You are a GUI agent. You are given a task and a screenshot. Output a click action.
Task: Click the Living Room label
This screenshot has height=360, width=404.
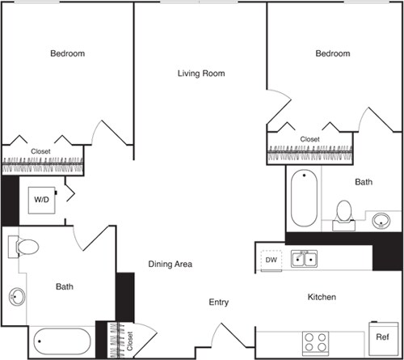point(201,74)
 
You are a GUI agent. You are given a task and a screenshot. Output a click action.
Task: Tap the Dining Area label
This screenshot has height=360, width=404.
point(170,264)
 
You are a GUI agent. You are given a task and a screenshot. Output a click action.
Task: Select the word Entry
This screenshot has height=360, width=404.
point(219,302)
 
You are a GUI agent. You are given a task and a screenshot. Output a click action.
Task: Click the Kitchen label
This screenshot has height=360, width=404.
point(321,298)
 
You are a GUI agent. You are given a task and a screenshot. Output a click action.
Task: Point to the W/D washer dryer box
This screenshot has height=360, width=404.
point(41,199)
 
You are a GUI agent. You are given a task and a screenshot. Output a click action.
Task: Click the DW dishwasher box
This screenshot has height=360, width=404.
point(270,260)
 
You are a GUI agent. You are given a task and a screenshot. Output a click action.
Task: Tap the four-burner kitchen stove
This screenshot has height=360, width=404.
point(314,340)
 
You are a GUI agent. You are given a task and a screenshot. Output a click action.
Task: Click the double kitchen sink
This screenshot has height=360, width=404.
point(304,259)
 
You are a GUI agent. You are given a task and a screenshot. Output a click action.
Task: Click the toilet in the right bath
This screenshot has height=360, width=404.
point(344,213)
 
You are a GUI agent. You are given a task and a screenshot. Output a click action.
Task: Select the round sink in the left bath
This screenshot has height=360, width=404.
point(17,297)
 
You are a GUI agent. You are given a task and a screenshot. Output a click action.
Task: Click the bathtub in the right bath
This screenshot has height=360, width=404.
point(304,198)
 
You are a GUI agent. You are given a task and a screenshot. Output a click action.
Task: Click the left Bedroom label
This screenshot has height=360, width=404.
point(68,53)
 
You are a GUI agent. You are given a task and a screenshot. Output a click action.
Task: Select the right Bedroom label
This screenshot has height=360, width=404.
point(332,53)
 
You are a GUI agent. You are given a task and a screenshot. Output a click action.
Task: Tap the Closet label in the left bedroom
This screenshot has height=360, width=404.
point(41,151)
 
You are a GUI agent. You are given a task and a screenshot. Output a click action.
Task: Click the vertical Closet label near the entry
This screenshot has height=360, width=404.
point(129,340)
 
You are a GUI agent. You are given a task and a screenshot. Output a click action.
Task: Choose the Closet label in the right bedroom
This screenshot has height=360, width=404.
point(309,139)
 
